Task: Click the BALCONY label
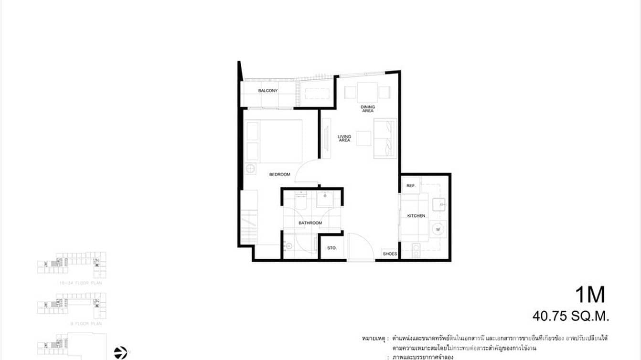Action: click(268, 91)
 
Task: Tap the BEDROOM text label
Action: click(279, 175)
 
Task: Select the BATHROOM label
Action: click(310, 223)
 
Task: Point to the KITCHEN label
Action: click(416, 216)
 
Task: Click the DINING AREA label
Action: click(367, 109)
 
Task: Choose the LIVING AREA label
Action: click(344, 138)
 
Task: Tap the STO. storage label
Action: click(332, 248)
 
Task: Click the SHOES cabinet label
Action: click(390, 254)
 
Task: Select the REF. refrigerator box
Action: click(411, 185)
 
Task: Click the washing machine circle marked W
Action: click(438, 230)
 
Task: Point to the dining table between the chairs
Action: click(367, 91)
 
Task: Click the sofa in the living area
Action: click(385, 138)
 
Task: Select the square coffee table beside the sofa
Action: click(363, 138)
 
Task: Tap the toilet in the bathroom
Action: click(301, 202)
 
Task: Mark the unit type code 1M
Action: click(589, 295)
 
